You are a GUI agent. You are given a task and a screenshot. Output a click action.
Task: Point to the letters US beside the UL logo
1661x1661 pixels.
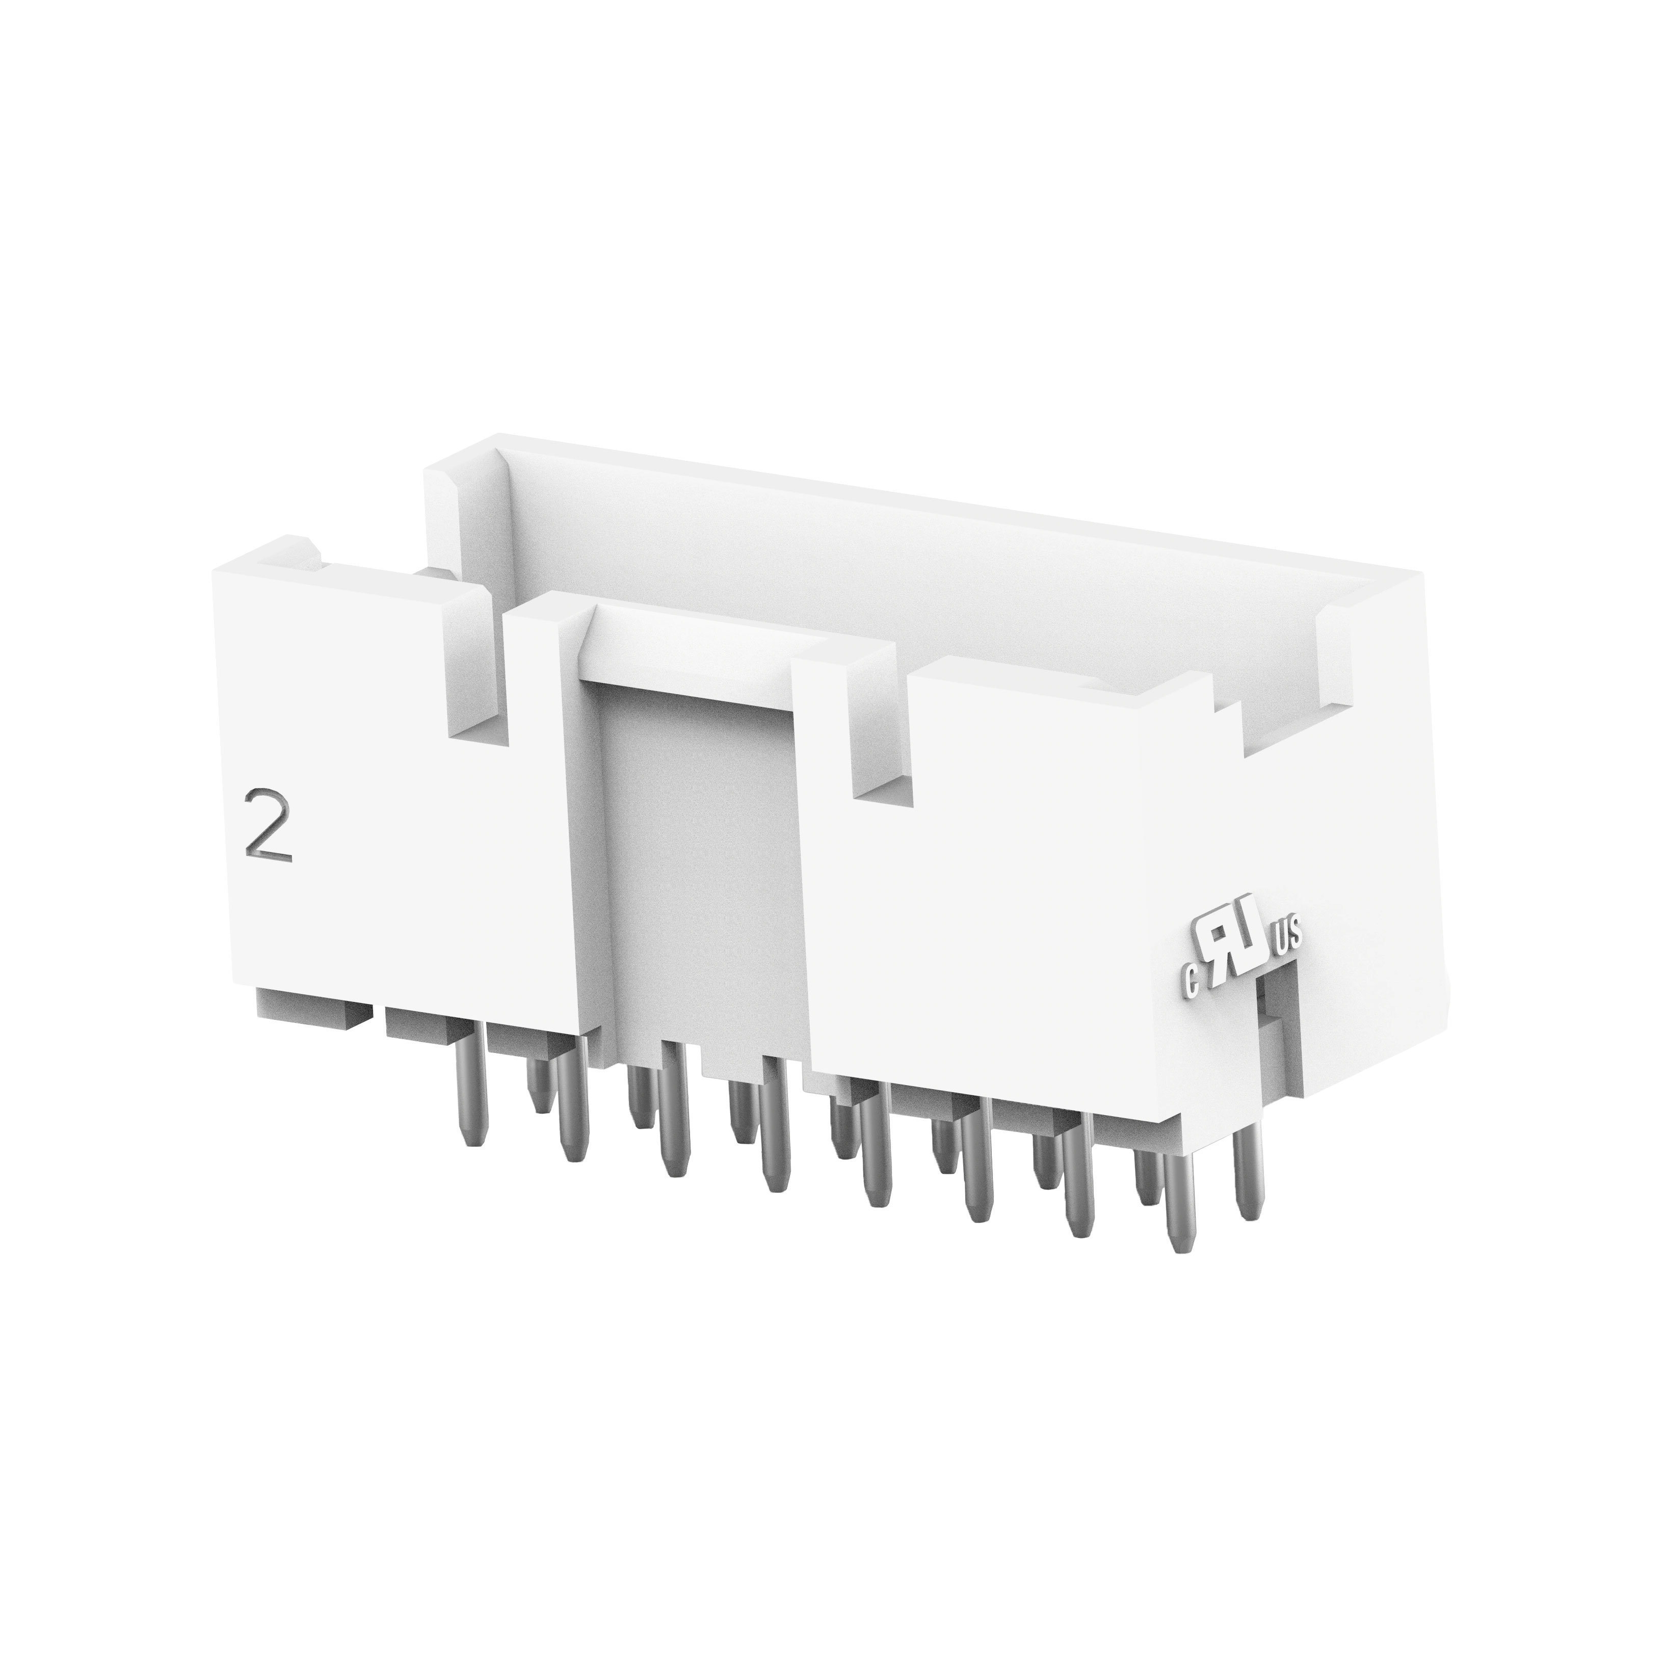click(1289, 934)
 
